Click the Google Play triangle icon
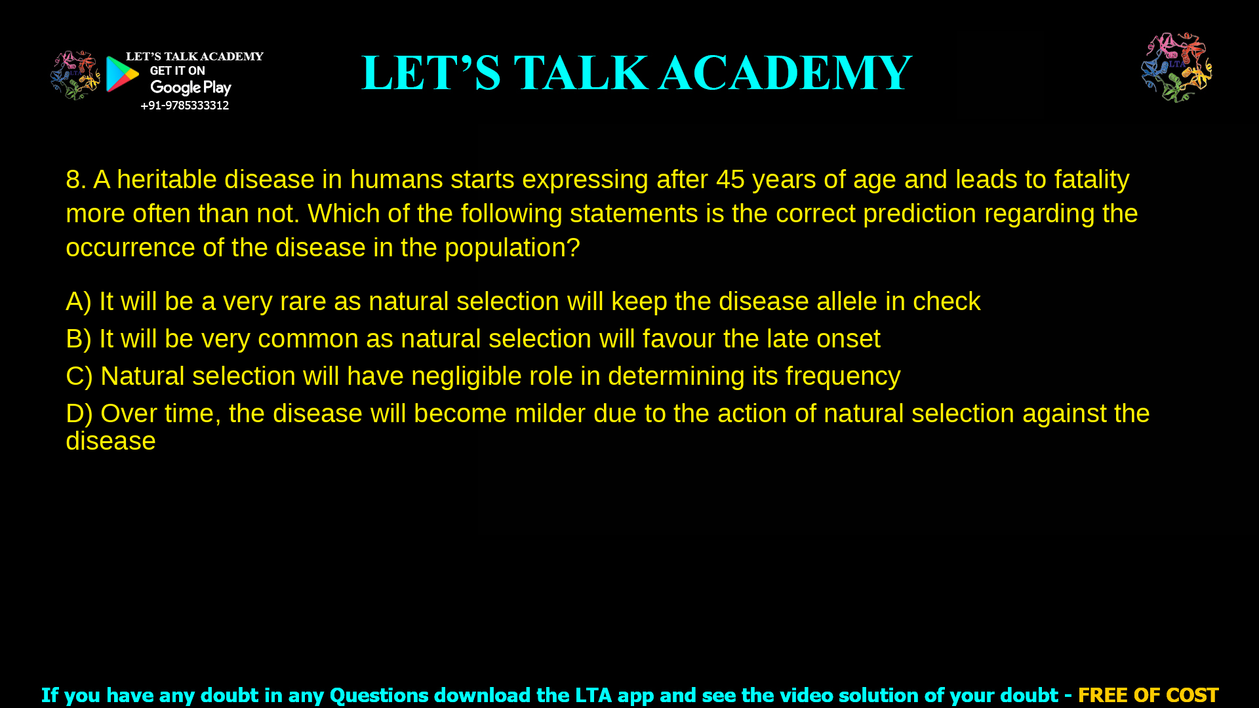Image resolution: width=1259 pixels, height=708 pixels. [122, 74]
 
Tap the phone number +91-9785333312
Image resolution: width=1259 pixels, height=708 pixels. [184, 106]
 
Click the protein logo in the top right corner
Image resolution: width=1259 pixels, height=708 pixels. [1176, 68]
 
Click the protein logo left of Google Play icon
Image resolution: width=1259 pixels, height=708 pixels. [75, 75]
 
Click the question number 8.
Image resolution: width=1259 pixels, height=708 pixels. [75, 180]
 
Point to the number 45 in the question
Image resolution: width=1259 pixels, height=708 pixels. [730, 180]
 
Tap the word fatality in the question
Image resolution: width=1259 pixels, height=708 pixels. [1091, 180]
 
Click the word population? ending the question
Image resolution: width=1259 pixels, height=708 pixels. [512, 248]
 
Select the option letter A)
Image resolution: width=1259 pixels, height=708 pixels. [78, 302]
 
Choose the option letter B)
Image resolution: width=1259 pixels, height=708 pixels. [78, 339]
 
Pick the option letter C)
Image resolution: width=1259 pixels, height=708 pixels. [79, 376]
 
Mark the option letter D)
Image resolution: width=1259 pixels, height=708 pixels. [79, 414]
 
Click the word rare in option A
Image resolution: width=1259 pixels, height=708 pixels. [302, 302]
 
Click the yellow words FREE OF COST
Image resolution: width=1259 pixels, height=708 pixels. [1148, 695]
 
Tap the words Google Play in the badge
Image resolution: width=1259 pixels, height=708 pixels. [190, 88]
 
